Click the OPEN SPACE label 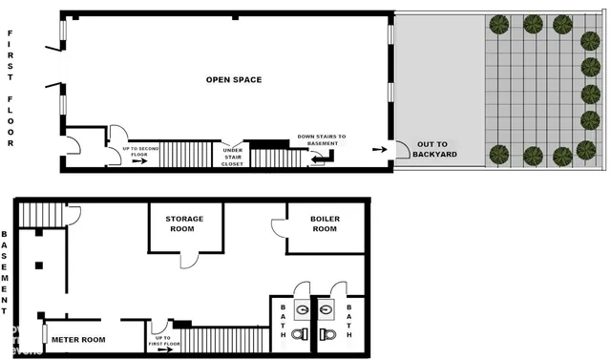[x=235, y=79]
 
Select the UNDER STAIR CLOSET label [x=233, y=156]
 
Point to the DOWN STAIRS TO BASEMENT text [x=322, y=139]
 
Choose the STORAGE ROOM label [x=184, y=223]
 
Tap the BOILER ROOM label [x=325, y=223]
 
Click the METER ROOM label [x=79, y=339]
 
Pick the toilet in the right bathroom [x=329, y=333]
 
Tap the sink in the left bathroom [x=301, y=308]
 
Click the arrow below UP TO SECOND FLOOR [x=139, y=161]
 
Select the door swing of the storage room [x=190, y=259]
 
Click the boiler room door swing [x=279, y=229]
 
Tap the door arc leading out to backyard [x=402, y=150]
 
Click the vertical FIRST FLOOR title [x=11, y=88]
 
